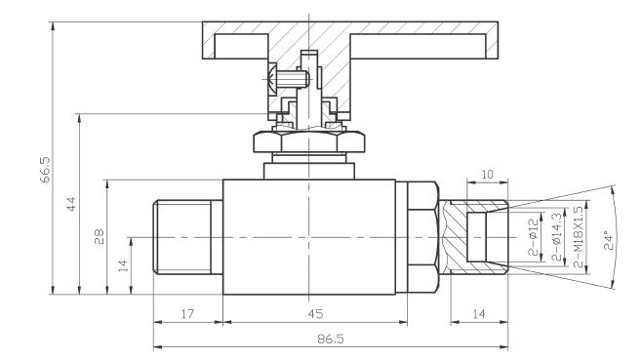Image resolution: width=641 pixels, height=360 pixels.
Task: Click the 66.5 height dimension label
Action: point(46,169)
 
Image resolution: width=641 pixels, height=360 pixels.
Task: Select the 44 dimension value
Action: point(71,204)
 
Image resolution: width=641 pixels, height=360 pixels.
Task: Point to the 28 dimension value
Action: point(100,237)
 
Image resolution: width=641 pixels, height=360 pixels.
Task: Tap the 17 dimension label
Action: point(187,314)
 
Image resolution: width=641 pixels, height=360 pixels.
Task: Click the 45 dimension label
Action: point(315,314)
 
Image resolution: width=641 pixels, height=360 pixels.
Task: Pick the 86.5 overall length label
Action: point(331,339)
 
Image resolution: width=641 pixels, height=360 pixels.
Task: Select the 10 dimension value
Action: point(487,175)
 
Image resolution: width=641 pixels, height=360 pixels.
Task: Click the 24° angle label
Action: point(609,241)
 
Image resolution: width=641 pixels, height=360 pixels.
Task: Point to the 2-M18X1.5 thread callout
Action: point(578,237)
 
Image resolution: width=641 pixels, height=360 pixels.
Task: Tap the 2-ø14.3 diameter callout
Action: point(557,237)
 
